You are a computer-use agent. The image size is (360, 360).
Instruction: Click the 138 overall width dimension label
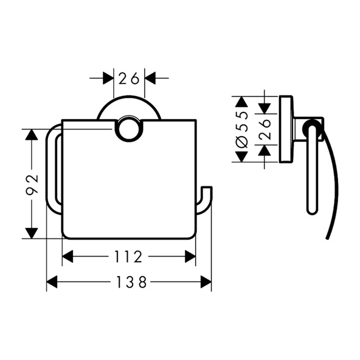pos(131,282)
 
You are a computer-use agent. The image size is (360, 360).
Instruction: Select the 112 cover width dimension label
pos(128,257)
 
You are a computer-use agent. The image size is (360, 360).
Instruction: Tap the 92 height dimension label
pos(32,185)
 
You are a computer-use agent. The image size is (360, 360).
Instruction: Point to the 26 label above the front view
pos(129,78)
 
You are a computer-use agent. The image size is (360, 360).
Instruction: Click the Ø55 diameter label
pos(242,130)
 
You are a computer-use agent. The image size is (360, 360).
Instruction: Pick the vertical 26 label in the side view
pos(265,130)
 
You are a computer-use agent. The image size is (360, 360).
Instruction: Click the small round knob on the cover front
pos(129,128)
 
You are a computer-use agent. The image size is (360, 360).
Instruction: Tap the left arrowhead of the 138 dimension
pos(52,282)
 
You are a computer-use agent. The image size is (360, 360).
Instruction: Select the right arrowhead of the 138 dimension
pos(206,282)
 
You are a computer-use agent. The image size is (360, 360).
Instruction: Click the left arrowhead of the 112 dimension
pos(67,257)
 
